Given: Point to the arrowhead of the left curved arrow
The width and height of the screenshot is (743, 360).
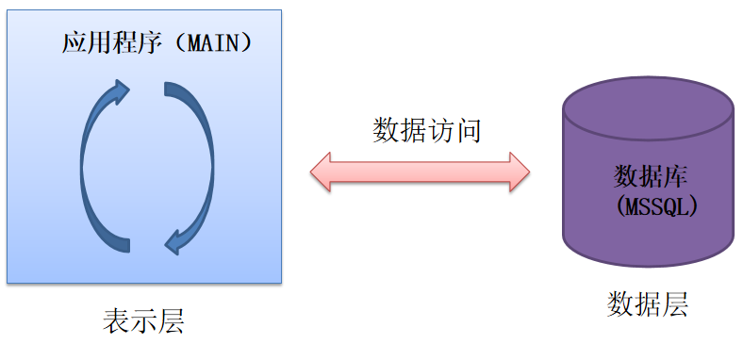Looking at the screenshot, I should tap(120, 91).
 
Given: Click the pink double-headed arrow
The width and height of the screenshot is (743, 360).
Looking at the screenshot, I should tap(420, 171).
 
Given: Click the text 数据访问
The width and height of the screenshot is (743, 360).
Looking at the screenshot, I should tap(427, 129).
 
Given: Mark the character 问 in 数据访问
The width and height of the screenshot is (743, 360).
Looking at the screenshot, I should tap(469, 129).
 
